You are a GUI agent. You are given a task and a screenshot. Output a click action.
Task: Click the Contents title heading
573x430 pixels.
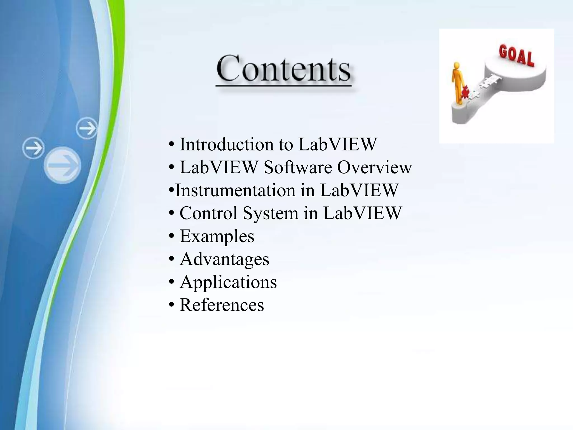click(283, 69)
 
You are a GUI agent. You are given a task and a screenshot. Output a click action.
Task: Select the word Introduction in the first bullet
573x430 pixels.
click(226, 144)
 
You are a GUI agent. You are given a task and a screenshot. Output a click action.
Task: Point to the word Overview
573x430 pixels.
click(374, 167)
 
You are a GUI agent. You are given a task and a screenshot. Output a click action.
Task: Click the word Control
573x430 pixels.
click(209, 213)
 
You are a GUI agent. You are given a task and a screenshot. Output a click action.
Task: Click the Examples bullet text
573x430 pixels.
click(217, 236)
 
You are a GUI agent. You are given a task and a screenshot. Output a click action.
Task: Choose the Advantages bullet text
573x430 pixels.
click(224, 259)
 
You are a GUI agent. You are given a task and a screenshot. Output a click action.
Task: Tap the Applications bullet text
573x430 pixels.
click(228, 282)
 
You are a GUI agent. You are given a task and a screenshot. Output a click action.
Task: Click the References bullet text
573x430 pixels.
click(222, 305)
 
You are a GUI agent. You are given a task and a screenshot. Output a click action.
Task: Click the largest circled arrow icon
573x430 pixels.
click(63, 165)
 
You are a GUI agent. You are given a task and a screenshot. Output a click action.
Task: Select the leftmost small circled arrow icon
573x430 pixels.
click(34, 148)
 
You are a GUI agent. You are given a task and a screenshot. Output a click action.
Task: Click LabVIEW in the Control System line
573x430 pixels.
click(362, 213)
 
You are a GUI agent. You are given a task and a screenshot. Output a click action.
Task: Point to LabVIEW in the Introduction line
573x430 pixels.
click(337, 144)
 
